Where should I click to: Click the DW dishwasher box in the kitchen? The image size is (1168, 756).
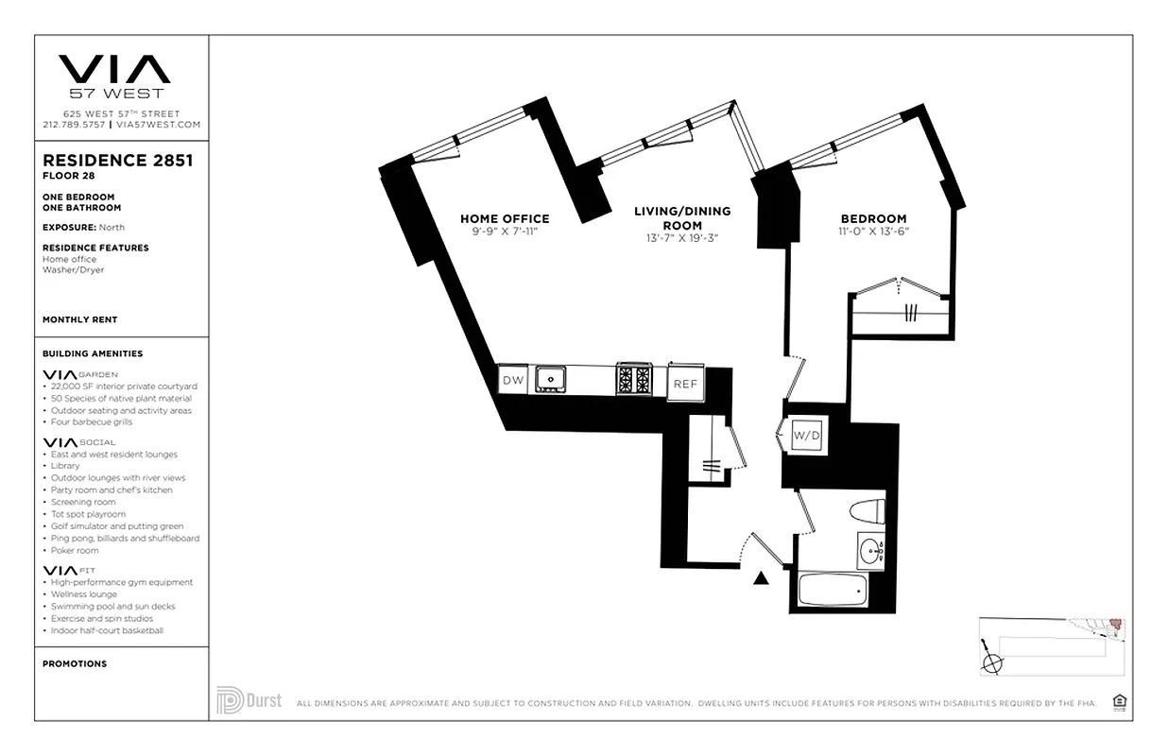(x=513, y=380)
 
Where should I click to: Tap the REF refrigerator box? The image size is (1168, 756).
(x=684, y=384)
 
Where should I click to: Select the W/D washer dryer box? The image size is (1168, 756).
(x=806, y=436)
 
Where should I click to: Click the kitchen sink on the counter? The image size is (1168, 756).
(x=549, y=380)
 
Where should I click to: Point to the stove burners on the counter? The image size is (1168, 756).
(x=633, y=379)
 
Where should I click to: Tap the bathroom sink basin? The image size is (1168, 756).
(x=870, y=550)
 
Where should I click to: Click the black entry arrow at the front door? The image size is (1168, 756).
(x=760, y=578)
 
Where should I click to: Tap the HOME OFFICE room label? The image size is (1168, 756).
(x=505, y=218)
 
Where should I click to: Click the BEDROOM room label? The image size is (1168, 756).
(x=873, y=218)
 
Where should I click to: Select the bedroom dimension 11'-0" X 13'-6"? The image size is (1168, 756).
(x=873, y=232)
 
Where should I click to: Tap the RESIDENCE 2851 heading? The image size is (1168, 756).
(x=118, y=161)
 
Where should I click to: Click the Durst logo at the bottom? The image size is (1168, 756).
(x=249, y=701)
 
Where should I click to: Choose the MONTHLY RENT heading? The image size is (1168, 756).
(x=79, y=320)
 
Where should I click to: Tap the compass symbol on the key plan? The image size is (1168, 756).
(x=992, y=662)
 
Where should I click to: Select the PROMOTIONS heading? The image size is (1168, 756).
(x=75, y=663)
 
